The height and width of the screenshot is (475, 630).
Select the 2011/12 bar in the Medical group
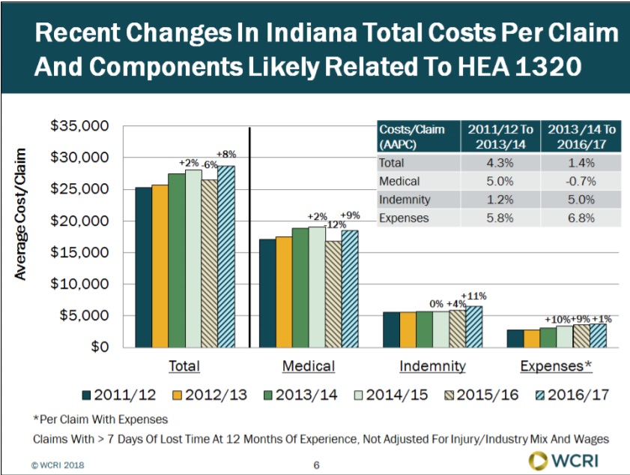pos(267,293)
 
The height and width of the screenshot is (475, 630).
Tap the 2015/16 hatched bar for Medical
pos(332,293)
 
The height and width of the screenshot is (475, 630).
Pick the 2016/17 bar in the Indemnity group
pos(473,326)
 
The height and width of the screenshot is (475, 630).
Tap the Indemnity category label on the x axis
pos(432,366)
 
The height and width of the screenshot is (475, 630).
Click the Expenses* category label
pos(557,366)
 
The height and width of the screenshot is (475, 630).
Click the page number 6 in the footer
pos(316,465)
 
